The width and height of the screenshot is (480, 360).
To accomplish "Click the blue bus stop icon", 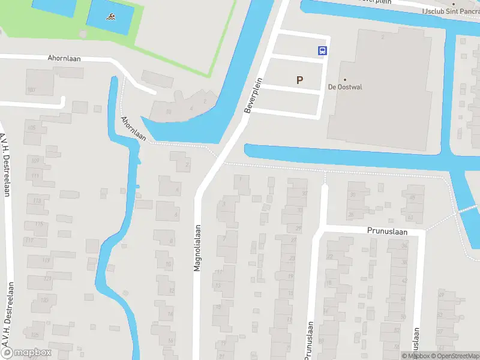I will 322,51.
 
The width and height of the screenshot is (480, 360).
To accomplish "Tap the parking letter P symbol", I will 299,80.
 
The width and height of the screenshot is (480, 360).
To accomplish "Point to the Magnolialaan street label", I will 196,248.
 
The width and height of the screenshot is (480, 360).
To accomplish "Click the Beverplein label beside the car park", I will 254,96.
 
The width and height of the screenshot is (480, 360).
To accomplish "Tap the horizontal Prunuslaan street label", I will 387,231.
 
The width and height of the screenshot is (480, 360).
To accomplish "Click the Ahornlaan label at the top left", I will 64,59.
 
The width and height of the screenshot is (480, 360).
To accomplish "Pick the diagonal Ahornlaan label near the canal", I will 133,128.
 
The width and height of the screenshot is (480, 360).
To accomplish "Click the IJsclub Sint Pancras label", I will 442,11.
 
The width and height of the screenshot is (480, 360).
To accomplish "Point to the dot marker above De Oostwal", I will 345,79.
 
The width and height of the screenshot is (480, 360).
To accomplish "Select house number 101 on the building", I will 31,91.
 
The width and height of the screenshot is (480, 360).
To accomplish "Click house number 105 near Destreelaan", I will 31,128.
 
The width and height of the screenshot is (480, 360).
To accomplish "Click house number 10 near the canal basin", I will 169,112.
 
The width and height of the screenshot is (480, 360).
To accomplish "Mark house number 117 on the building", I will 30,241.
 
